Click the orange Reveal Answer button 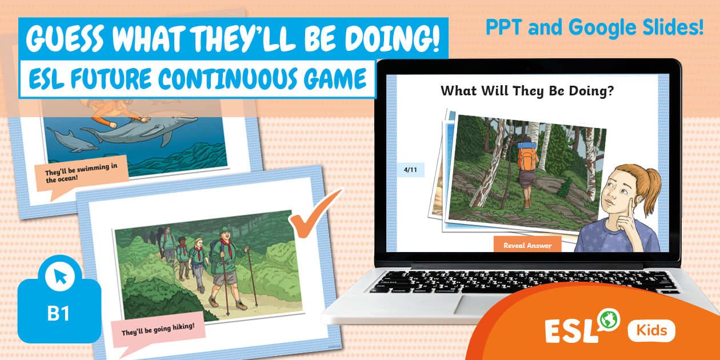pyautogui.click(x=527, y=245)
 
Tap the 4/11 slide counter pyautogui.click(x=411, y=170)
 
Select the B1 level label pyautogui.click(x=59, y=314)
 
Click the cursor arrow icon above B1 pyautogui.click(x=60, y=278)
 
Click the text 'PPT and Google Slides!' pyautogui.click(x=594, y=27)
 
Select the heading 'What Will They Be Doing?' pyautogui.click(x=527, y=90)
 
